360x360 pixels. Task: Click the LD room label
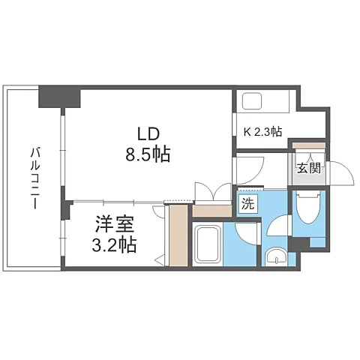(x=148, y=134)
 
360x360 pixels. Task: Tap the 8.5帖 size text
(x=148, y=154)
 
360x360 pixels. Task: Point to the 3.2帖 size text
(x=114, y=244)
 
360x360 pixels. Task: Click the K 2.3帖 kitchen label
(x=262, y=132)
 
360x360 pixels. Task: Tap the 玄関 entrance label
(x=309, y=169)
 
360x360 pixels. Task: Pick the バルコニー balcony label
(x=34, y=178)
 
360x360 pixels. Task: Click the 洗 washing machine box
(x=248, y=204)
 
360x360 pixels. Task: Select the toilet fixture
(x=309, y=207)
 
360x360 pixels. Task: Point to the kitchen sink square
(x=252, y=101)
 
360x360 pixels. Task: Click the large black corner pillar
(x=59, y=96)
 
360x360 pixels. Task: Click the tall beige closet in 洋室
(x=178, y=235)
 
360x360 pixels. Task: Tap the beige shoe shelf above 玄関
(x=309, y=145)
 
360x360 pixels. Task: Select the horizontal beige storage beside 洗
(x=212, y=211)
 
